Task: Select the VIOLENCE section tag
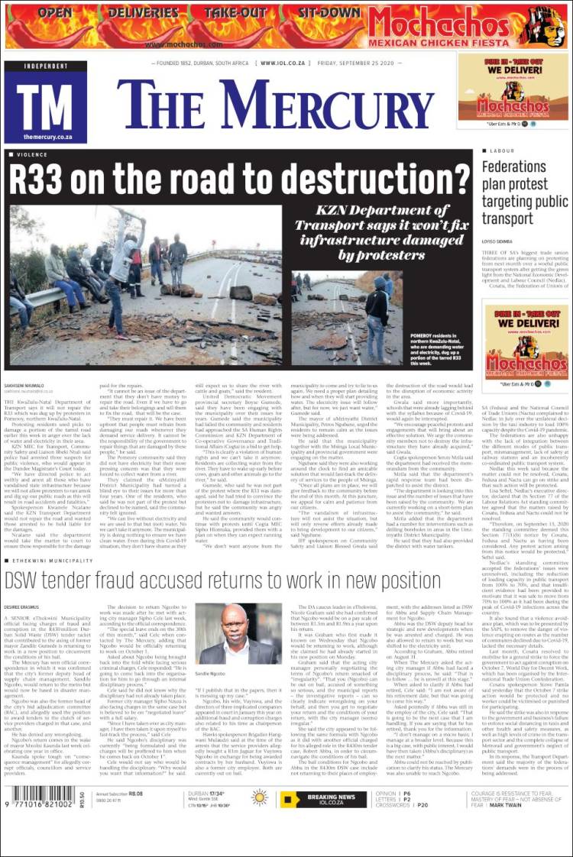pos(31,154)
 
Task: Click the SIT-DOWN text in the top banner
pos(329,13)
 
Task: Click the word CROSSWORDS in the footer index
pos(393,804)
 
